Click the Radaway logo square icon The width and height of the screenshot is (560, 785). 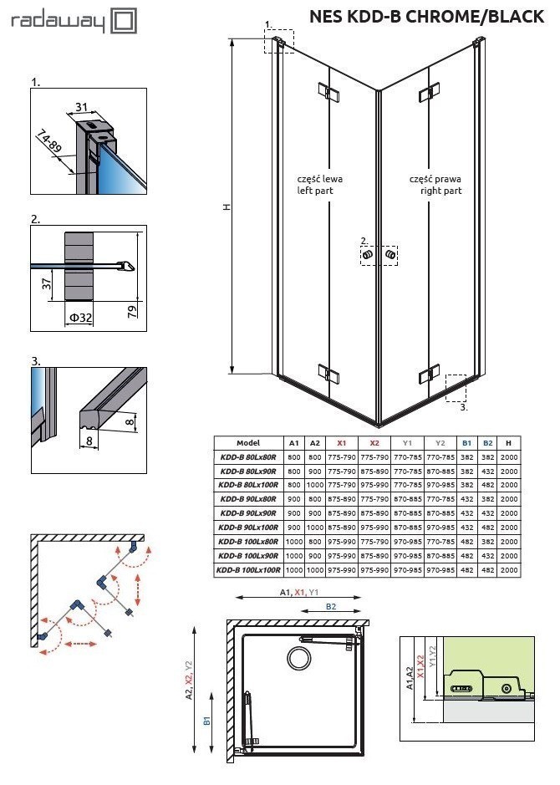pos(125,22)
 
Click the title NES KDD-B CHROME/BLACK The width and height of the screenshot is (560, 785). pos(426,17)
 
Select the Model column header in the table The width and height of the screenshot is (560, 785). pos(248,443)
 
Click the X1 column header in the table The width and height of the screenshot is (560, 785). pos(341,443)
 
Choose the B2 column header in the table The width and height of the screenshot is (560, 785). pos(488,443)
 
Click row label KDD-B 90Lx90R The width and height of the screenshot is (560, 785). pos(248,512)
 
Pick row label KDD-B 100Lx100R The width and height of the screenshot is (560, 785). pos(248,570)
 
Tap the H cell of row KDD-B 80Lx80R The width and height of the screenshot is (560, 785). pos(508,457)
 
